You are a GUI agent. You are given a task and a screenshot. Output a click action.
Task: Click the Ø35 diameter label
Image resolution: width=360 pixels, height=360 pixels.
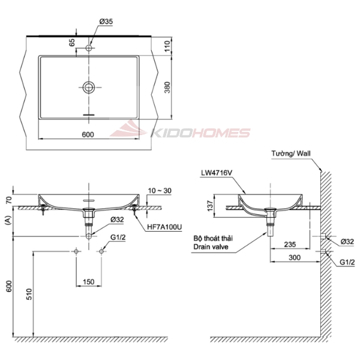coord(106,22)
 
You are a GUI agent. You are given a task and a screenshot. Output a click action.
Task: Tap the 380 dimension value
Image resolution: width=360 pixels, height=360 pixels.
coord(168,87)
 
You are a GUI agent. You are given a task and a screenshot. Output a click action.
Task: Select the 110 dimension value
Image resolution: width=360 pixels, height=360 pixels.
coord(167,46)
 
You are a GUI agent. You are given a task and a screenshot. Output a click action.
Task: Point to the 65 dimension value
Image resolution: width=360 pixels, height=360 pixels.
coord(72,43)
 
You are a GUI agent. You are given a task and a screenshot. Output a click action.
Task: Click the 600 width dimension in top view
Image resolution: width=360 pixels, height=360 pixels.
coord(88,134)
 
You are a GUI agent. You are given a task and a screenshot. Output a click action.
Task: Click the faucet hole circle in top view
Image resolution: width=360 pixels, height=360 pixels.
coord(89,48)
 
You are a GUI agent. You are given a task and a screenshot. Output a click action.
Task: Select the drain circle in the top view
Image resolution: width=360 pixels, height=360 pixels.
coord(89,87)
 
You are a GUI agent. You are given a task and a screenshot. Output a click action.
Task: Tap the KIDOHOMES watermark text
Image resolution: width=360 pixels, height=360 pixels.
coord(200,133)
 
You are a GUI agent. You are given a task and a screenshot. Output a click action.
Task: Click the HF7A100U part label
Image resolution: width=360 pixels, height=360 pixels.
coord(164,227)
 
